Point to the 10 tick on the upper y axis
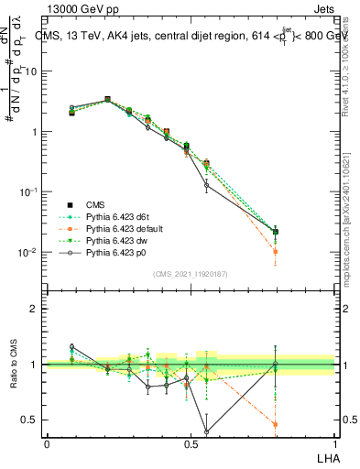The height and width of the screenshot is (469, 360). [x=33, y=71]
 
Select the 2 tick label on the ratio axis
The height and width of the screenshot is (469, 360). [x=37, y=309]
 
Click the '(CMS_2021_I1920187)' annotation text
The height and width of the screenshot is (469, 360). [x=191, y=272]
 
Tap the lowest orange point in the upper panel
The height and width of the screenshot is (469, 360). [x=276, y=251]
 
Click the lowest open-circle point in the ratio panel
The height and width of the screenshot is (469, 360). [x=206, y=431]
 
